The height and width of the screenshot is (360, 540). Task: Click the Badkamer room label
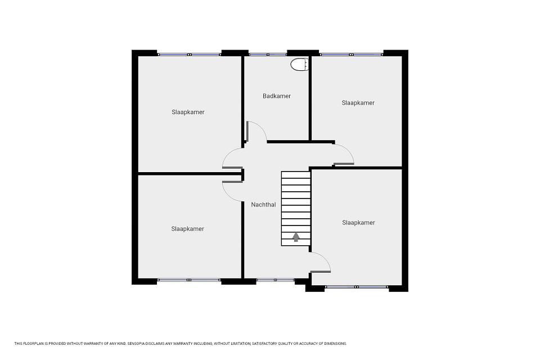[277, 96]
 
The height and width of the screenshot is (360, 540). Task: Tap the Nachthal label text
[263, 205]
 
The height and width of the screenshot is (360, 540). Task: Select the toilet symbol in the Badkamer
[299, 65]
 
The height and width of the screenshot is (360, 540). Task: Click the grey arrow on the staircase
[296, 237]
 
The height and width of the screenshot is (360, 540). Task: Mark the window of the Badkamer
[268, 55]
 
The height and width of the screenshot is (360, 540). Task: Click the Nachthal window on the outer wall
[275, 280]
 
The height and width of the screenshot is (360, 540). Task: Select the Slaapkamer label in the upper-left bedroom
[188, 112]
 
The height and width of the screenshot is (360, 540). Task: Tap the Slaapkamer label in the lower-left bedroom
[188, 229]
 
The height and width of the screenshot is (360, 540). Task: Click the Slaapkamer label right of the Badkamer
[358, 103]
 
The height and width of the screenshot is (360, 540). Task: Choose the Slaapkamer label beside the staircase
[358, 223]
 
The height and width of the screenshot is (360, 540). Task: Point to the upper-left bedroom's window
[189, 55]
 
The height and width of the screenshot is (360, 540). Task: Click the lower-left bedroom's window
[189, 280]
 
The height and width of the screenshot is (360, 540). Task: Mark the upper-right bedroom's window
[351, 55]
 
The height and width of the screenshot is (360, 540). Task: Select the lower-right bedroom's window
[357, 287]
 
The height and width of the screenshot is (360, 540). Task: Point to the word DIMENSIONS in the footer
[336, 344]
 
